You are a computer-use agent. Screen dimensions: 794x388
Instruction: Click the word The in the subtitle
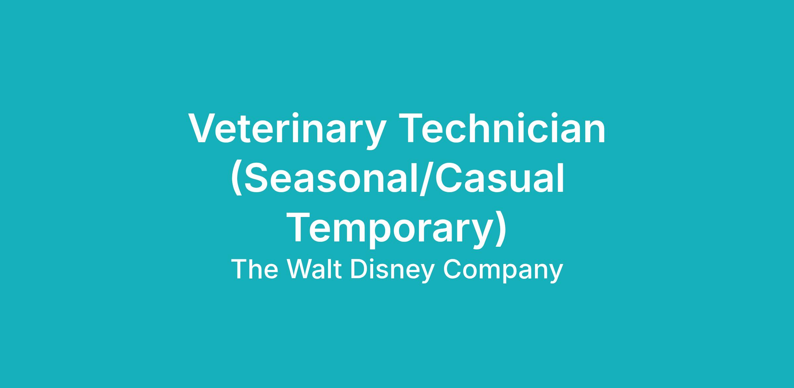(254, 269)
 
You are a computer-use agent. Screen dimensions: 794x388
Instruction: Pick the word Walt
(314, 269)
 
